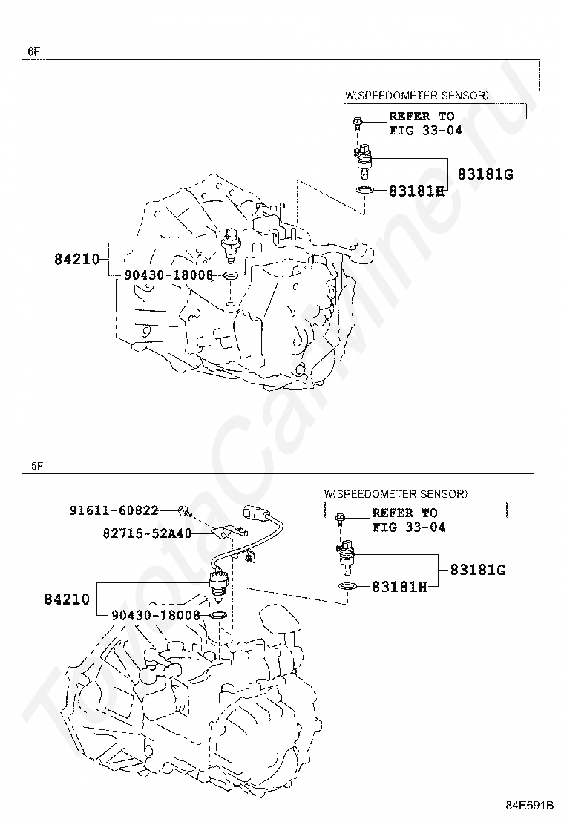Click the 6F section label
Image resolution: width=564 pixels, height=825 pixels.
pos(33,52)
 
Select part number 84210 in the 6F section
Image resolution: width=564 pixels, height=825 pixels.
pos(77,260)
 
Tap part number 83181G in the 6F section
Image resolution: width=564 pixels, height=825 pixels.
pos(485,175)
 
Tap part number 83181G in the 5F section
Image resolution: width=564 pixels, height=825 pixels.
pos(478,570)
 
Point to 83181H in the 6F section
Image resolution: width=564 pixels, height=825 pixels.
pos(416,191)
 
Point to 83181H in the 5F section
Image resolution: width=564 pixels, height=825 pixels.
pos(399,587)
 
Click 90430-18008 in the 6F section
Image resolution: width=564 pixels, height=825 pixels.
pos(168,275)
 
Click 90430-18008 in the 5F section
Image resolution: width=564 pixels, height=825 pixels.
pos(156,615)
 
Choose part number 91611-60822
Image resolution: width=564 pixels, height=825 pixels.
pos(114,510)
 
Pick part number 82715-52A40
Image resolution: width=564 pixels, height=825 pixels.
pos(148,533)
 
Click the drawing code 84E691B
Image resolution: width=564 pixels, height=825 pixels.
pos(530,804)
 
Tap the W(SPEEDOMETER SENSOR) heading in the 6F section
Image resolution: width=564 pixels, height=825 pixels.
pos(416,96)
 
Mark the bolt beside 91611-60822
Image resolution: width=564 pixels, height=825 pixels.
pos(184,510)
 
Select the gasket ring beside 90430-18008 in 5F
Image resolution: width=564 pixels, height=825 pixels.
pos(218,615)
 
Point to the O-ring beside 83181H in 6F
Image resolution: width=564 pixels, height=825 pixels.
pos(364,191)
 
